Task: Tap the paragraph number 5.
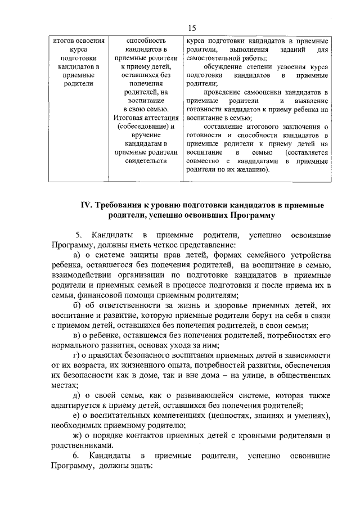[78, 234]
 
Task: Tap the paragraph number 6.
[78, 454]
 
